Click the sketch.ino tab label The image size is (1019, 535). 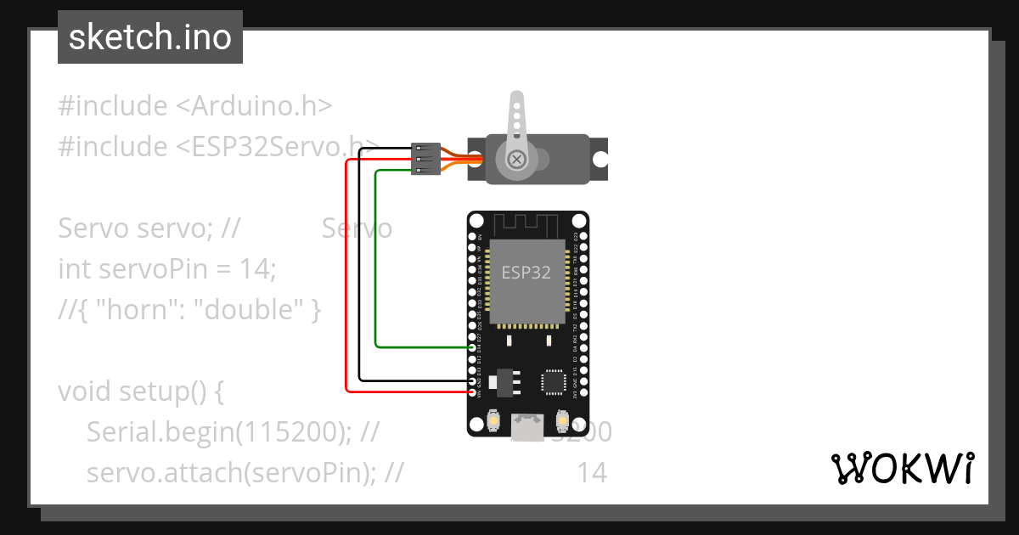tap(149, 37)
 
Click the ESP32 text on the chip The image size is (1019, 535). tap(526, 273)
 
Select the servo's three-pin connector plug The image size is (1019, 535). tap(425, 159)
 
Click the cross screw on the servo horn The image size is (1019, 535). tap(515, 159)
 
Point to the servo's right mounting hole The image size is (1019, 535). tap(600, 159)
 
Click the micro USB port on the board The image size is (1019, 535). tap(527, 425)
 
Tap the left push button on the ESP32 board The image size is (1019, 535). tap(493, 421)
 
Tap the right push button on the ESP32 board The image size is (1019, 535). tap(561, 421)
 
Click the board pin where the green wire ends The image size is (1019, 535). tap(473, 346)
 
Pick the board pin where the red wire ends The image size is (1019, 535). tap(473, 392)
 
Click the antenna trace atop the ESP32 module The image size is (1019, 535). tap(526, 225)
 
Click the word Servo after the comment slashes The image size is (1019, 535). tap(357, 228)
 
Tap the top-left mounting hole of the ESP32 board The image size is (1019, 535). tap(476, 221)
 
